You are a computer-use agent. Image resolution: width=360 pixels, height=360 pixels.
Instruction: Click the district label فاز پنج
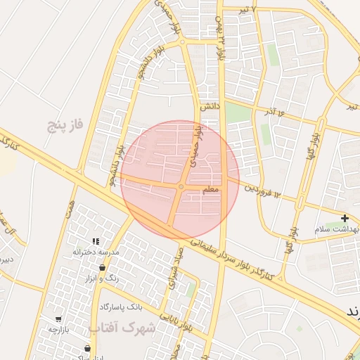click(65, 125)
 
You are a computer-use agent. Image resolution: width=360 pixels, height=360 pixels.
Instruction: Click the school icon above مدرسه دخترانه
click(96, 242)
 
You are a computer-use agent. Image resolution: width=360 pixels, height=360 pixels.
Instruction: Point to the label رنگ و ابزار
click(101, 278)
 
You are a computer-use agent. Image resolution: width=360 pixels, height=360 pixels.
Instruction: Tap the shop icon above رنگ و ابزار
click(103, 268)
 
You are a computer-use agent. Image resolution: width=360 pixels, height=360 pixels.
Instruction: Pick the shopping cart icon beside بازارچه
click(57, 318)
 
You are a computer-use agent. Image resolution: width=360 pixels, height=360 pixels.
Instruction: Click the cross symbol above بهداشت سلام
click(345, 219)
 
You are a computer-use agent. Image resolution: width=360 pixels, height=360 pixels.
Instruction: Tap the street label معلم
click(211, 190)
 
